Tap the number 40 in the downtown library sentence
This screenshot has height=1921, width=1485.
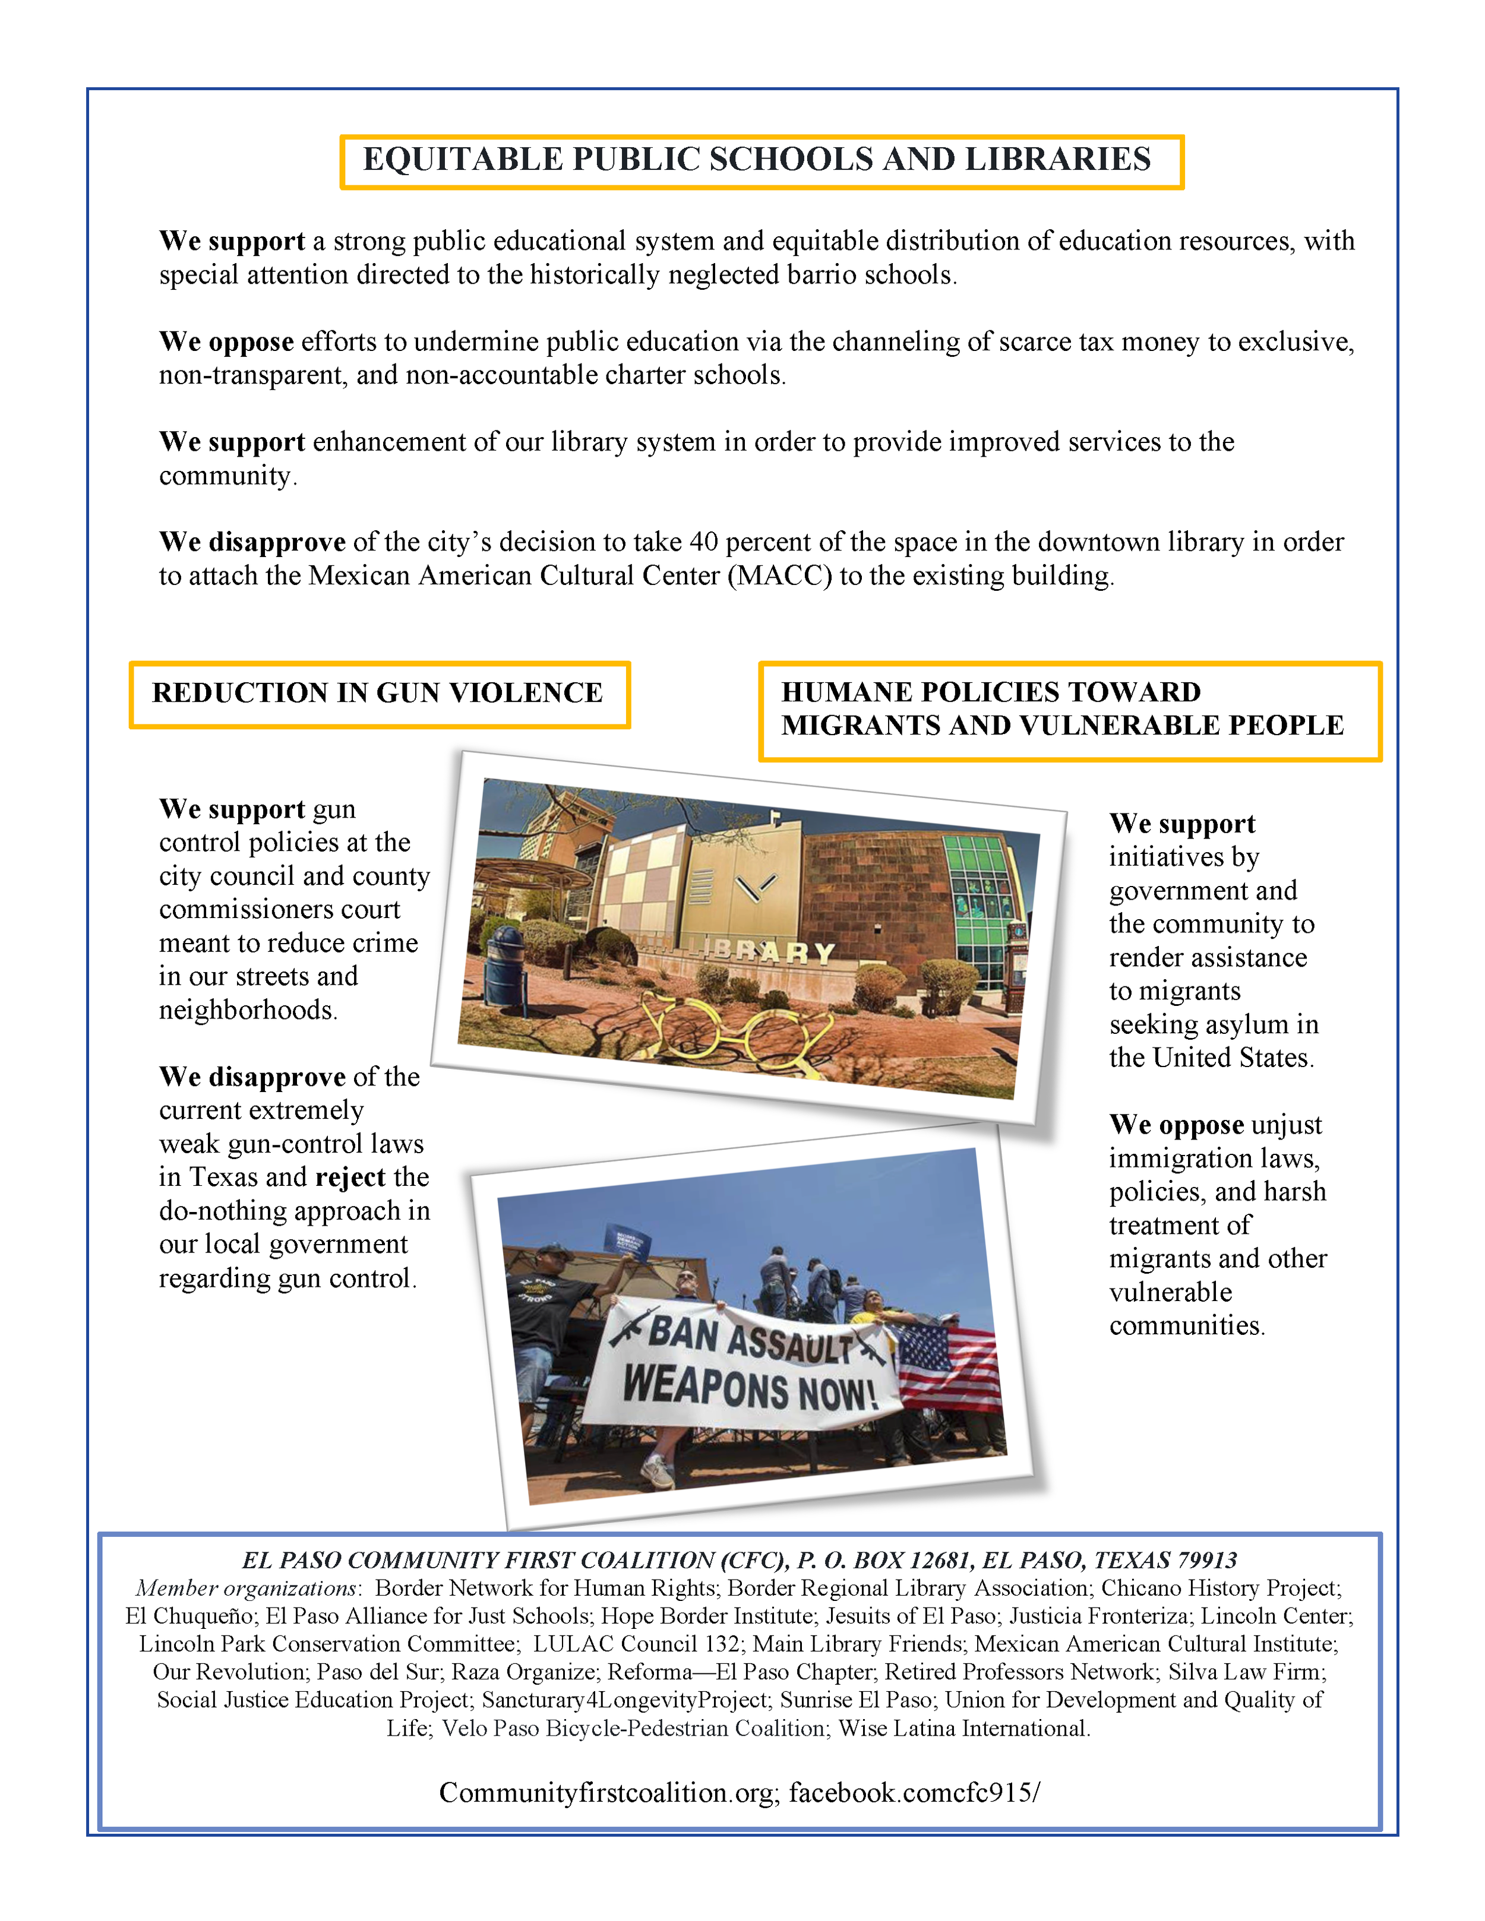[704, 542]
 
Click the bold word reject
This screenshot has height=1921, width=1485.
[350, 1177]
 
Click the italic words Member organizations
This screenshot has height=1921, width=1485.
[247, 1588]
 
